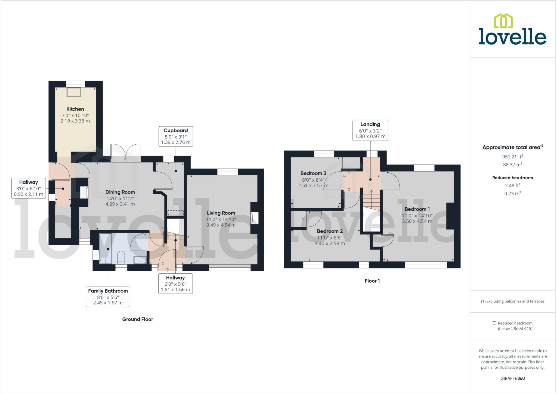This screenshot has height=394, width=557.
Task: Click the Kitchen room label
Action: tap(75, 109)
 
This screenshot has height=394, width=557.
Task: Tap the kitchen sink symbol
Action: tap(74, 92)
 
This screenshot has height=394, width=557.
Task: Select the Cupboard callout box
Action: tap(176, 136)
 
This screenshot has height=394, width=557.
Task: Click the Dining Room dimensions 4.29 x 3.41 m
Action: tap(120, 204)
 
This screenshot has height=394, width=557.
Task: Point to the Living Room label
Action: tap(221, 213)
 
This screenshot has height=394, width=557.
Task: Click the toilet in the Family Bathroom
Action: tap(121, 257)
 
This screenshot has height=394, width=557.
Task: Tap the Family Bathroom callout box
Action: tap(108, 297)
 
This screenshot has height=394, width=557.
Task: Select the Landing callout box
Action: tap(370, 130)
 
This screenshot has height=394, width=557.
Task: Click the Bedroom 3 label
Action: tap(313, 173)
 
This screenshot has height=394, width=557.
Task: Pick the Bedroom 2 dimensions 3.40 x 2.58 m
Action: tap(330, 243)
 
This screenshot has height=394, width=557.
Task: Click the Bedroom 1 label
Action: tap(417, 209)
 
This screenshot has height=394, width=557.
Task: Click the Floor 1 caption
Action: tap(372, 281)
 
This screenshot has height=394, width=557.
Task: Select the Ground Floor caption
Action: tap(138, 319)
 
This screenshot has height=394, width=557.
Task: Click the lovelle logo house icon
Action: tap(503, 21)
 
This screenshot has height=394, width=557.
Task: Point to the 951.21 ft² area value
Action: tap(512, 157)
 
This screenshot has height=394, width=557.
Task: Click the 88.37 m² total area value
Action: tap(512, 165)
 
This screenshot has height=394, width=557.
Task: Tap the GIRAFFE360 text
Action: tap(512, 378)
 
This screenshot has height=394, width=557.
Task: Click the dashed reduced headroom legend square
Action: tap(494, 323)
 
